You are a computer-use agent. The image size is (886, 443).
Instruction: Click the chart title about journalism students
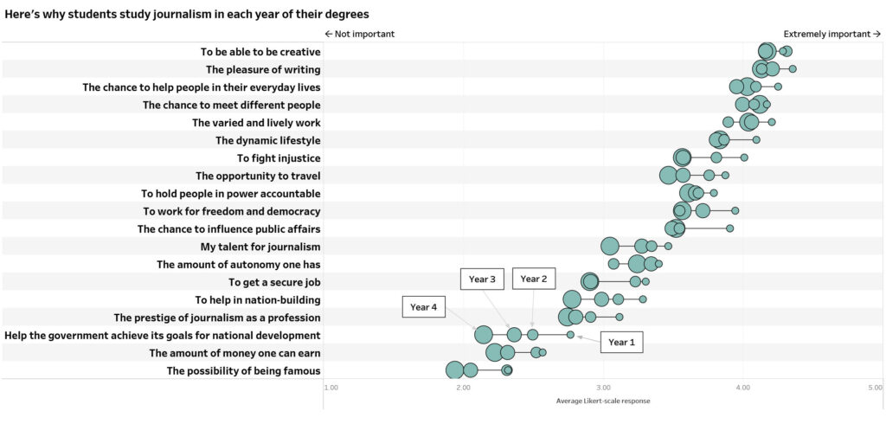187,15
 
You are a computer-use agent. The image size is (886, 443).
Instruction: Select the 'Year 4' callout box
424,307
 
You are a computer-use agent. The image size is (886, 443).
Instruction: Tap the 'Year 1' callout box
621,342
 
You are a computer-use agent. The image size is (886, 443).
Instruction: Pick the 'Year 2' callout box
533,279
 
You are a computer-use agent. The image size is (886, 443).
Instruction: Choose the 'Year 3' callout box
482,279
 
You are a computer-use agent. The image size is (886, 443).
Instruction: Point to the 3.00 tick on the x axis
602,387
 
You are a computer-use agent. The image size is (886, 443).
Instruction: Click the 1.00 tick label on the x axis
331,387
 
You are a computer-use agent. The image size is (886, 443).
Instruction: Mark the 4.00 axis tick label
742,387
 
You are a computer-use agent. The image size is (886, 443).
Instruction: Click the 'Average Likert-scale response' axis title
603,401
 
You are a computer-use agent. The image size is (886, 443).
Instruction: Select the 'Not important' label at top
359,34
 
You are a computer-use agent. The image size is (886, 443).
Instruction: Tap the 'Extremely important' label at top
831,34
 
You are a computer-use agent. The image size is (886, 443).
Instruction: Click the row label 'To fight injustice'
279,158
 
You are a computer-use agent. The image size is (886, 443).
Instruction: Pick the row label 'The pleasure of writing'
263,69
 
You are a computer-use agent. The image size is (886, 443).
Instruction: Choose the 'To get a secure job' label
274,282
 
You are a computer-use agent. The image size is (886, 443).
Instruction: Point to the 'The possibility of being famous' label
243,371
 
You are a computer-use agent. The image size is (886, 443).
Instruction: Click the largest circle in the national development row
484,335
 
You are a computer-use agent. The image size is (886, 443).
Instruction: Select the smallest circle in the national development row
570,334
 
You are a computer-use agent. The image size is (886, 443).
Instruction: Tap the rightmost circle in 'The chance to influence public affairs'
729,228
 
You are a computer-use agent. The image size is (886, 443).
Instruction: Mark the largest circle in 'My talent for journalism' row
610,246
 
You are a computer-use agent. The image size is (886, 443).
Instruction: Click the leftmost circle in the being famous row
454,370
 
